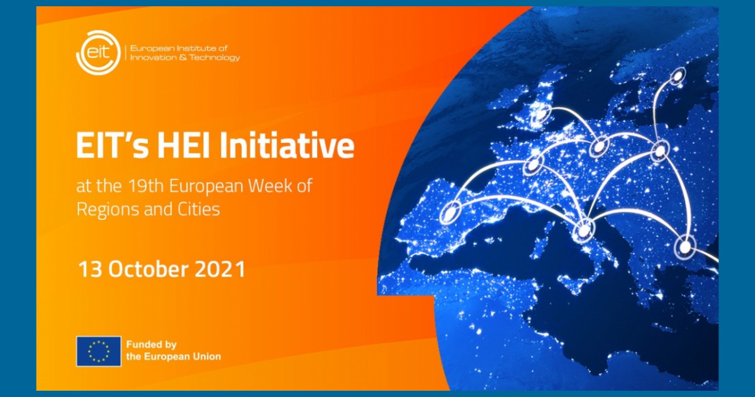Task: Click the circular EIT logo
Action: (x=98, y=53)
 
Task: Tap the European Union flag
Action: (x=98, y=351)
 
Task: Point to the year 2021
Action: (x=221, y=270)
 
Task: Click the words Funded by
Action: (x=152, y=345)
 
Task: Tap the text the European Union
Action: (x=174, y=357)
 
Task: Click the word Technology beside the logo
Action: (x=215, y=58)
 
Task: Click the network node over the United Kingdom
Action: (x=540, y=114)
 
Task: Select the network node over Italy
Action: (x=584, y=231)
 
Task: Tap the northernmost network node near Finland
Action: (x=677, y=76)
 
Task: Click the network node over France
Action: (x=533, y=164)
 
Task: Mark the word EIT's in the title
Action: (x=112, y=146)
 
